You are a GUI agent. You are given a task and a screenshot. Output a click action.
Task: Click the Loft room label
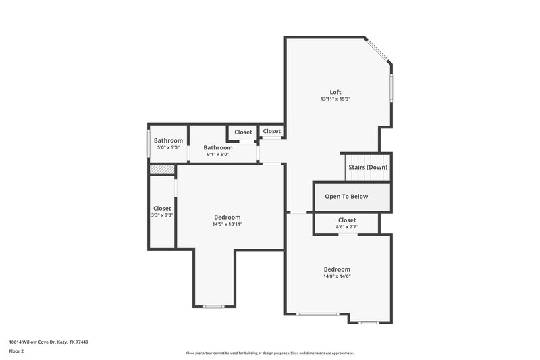[335, 92]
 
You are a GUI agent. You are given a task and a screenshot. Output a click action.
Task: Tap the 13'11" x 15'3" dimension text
[335, 99]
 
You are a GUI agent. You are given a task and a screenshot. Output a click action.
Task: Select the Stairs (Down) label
[367, 167]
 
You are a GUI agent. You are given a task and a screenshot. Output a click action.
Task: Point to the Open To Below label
[346, 197]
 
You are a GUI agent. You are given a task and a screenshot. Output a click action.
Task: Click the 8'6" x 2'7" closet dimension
[346, 227]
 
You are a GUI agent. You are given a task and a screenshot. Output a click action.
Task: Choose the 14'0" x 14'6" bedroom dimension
[337, 276]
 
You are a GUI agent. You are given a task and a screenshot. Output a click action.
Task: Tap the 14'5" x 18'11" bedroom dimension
[227, 224]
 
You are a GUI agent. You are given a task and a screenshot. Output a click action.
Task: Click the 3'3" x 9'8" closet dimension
[162, 215]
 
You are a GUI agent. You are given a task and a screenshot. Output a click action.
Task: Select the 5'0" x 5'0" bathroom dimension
[168, 147]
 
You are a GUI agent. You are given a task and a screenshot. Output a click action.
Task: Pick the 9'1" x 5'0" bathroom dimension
[218, 155]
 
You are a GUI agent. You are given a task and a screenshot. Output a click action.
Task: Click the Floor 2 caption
[16, 351]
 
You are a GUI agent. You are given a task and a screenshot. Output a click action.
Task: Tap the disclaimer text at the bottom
[270, 353]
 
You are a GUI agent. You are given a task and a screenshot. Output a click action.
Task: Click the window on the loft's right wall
[391, 88]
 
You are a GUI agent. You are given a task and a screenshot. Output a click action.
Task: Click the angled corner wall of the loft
[378, 50]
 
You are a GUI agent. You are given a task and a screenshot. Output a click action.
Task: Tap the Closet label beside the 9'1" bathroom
[243, 132]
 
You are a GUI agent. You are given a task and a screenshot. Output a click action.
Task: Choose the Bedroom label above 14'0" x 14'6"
[337, 269]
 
